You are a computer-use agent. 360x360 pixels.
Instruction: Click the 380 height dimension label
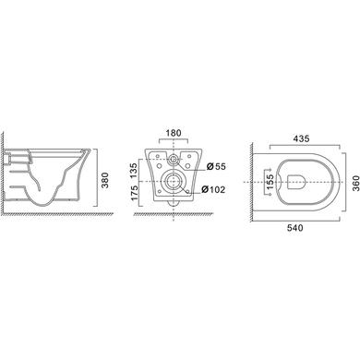pyautogui.click(x=105, y=180)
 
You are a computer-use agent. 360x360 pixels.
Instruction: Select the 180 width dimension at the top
pyautogui.click(x=174, y=133)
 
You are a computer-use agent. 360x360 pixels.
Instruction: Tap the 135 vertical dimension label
pyautogui.click(x=134, y=170)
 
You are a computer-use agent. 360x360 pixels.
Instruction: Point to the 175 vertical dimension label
pyautogui.click(x=134, y=193)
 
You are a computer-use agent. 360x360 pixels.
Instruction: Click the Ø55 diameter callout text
pyautogui.click(x=216, y=166)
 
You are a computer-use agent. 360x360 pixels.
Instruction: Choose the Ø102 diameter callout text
pyautogui.click(x=213, y=189)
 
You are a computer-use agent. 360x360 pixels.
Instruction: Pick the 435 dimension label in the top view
pyautogui.click(x=301, y=138)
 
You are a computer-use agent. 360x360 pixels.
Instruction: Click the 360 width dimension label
pyautogui.click(x=355, y=183)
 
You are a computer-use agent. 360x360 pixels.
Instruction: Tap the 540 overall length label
pyautogui.click(x=294, y=228)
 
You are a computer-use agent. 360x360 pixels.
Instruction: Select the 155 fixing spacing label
pyautogui.click(x=270, y=182)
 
